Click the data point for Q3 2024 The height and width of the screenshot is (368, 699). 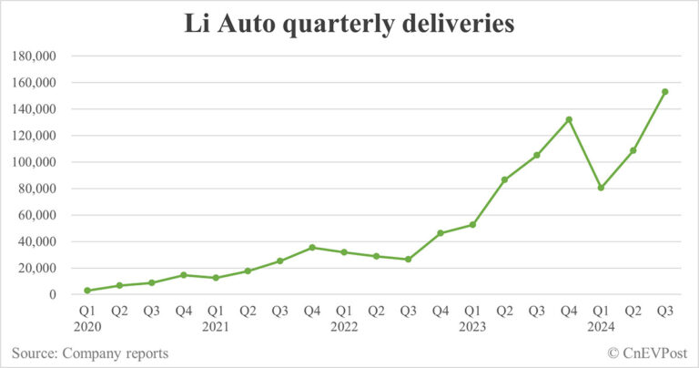coord(665,91)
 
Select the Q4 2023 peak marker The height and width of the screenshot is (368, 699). coord(569,119)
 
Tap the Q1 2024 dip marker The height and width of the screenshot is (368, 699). coord(601,188)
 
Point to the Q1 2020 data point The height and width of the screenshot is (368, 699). coord(87,291)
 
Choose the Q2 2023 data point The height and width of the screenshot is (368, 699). coord(504,179)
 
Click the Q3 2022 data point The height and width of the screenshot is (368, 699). coord(409,260)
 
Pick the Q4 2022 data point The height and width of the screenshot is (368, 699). coord(441,233)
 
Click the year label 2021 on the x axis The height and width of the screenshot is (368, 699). coord(216,326)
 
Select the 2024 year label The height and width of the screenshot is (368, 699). coord(601,326)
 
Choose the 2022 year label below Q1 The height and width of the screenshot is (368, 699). coord(344,326)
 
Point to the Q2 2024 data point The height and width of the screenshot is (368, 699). coord(633,150)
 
